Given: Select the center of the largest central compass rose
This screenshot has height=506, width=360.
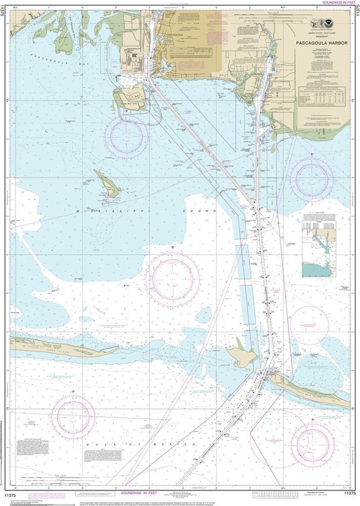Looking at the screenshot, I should point(173,277).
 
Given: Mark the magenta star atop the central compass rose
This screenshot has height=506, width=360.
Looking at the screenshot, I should point(173,247).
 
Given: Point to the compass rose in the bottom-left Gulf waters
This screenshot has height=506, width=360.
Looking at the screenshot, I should point(73,417).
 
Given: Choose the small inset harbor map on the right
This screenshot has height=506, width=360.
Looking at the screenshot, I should point(321,256).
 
